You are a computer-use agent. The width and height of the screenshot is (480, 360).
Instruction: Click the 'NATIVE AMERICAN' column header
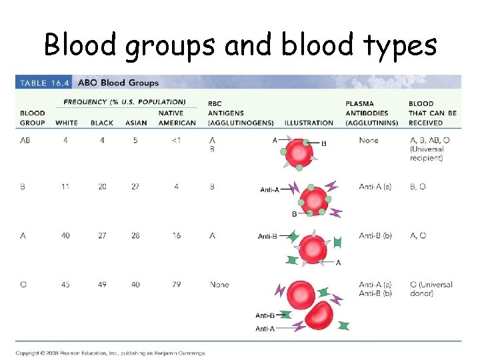point(177,118)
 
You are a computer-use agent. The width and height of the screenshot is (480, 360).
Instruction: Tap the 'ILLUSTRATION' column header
point(309,123)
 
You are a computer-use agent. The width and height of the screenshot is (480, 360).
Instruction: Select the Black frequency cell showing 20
point(101,187)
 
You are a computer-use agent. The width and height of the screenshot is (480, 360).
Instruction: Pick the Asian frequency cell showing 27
point(135,187)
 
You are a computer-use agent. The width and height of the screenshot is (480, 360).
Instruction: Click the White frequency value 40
point(65,235)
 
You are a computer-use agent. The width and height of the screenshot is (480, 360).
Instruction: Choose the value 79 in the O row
point(176,285)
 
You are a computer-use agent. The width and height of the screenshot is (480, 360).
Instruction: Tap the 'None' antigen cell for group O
point(219,285)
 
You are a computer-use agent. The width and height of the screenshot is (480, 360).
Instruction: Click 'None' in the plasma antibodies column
point(368,141)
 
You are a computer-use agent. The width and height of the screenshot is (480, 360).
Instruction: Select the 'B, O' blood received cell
point(417,187)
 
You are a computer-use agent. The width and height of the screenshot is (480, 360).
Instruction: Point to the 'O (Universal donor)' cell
point(431,289)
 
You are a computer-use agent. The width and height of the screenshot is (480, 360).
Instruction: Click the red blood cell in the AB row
point(300,154)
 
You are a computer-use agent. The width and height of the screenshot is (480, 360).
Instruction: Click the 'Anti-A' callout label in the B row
point(272,190)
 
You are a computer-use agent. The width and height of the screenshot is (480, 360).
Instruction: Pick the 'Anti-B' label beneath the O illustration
point(265,315)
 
